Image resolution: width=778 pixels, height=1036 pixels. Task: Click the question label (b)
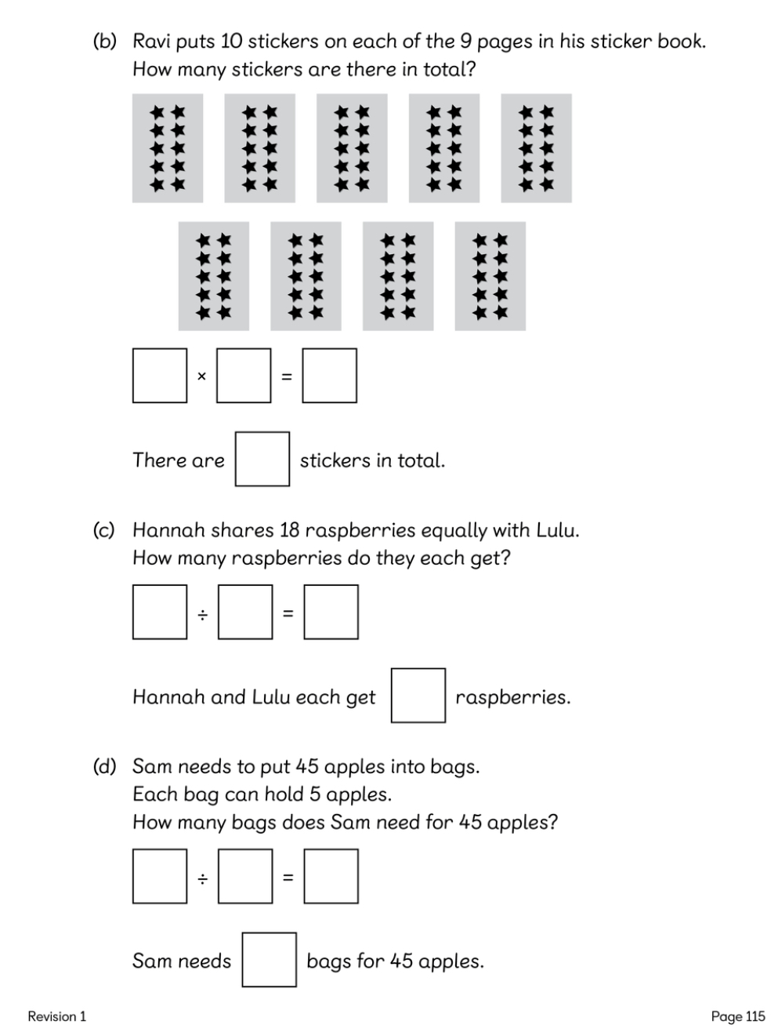click(x=104, y=41)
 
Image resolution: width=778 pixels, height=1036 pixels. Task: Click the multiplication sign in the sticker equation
click(x=201, y=376)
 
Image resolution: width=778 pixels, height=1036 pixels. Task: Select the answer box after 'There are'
click(x=262, y=459)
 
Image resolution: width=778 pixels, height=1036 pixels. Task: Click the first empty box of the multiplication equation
click(x=160, y=376)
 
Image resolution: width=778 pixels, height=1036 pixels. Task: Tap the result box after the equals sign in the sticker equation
click(x=330, y=376)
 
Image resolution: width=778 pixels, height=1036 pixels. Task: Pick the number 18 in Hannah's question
click(x=290, y=530)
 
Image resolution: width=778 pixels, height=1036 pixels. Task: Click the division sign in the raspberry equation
click(x=202, y=613)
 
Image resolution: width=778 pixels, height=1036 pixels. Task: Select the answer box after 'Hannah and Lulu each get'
click(x=418, y=695)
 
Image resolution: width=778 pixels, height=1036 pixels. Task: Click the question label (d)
click(x=104, y=766)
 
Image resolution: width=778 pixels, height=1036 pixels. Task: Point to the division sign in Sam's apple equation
click(x=202, y=878)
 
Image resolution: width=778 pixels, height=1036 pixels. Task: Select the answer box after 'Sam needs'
click(x=269, y=959)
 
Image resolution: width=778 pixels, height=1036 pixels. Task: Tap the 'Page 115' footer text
click(x=737, y=1016)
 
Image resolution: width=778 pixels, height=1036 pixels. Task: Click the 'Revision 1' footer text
click(x=57, y=1016)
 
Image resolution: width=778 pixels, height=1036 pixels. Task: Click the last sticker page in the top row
click(x=536, y=148)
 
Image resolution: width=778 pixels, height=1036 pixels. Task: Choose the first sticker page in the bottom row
click(x=213, y=276)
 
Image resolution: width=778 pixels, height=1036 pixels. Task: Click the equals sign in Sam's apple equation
click(x=288, y=878)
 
